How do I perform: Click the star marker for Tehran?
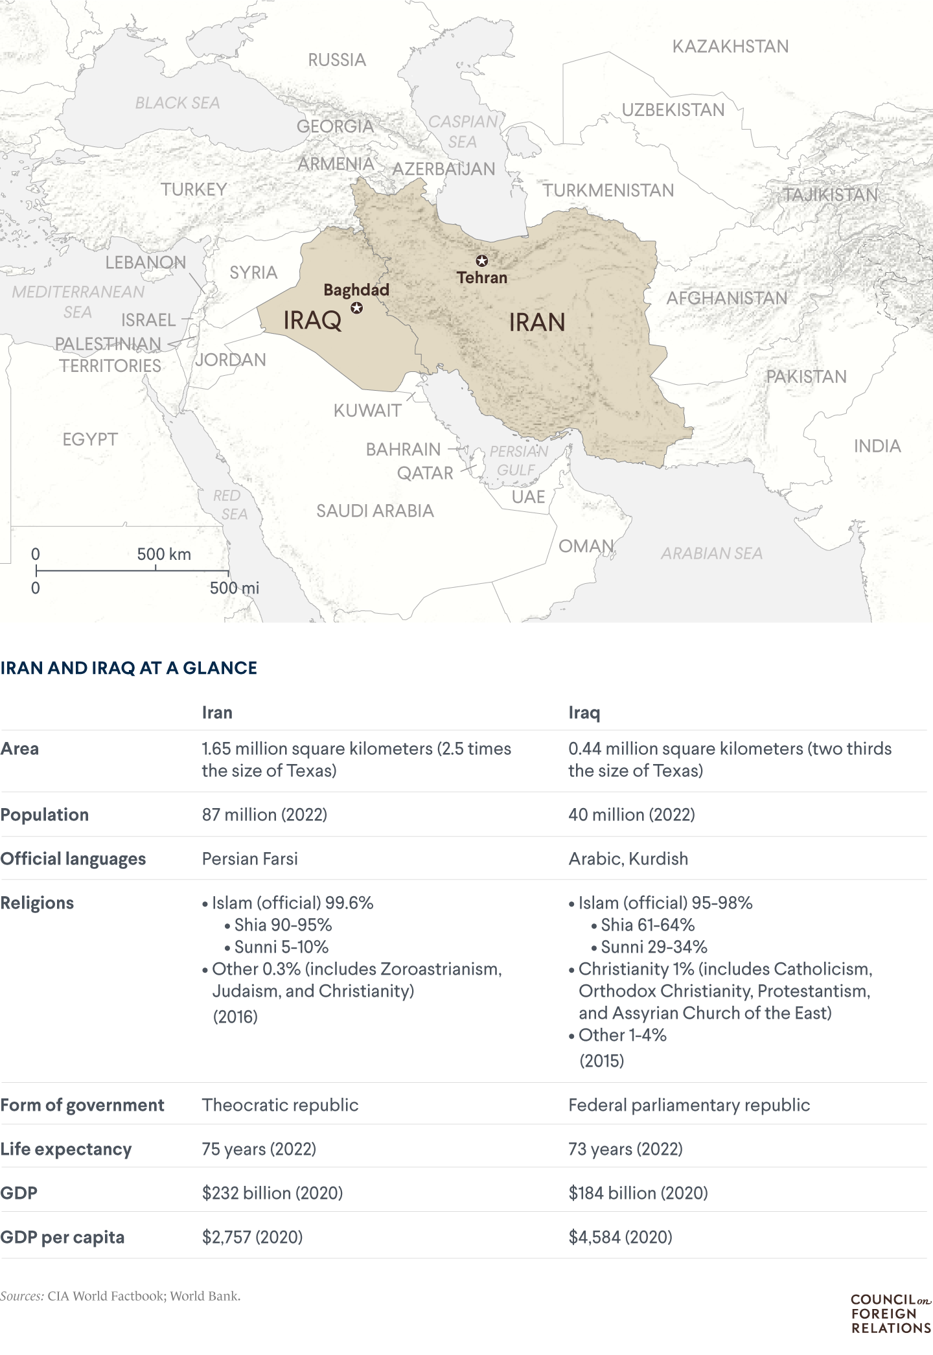(x=481, y=261)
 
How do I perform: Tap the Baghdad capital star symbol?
(x=356, y=308)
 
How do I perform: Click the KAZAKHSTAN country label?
(x=730, y=47)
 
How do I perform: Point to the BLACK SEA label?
(x=178, y=102)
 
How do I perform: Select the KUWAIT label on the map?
(x=367, y=410)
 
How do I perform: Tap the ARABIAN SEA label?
(x=711, y=553)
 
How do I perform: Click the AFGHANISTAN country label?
(x=727, y=298)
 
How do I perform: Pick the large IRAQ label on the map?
(x=312, y=320)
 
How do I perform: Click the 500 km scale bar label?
(x=164, y=554)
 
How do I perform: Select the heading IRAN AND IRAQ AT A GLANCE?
(x=129, y=668)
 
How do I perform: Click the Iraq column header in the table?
(x=584, y=713)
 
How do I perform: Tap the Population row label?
(x=45, y=815)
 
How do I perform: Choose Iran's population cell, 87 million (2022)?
(x=264, y=815)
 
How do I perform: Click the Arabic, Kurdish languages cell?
(x=628, y=859)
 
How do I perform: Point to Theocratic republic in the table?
(x=280, y=1105)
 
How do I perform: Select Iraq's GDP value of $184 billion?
(x=638, y=1193)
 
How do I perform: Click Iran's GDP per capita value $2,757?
(x=252, y=1237)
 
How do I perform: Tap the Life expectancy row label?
(x=66, y=1149)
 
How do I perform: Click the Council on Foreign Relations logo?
(x=890, y=1314)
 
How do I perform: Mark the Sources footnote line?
(x=121, y=1296)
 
